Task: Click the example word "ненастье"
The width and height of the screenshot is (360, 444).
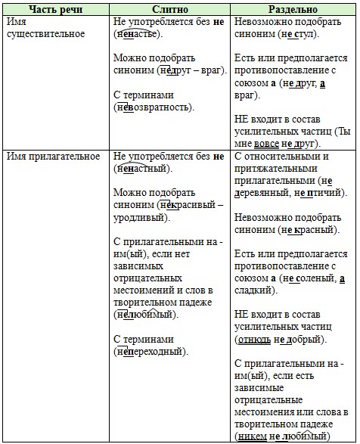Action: click(x=141, y=35)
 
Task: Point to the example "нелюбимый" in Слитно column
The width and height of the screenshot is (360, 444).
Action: click(x=147, y=313)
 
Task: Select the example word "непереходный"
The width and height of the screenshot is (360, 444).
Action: click(x=152, y=350)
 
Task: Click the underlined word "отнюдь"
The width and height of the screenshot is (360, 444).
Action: click(x=254, y=338)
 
